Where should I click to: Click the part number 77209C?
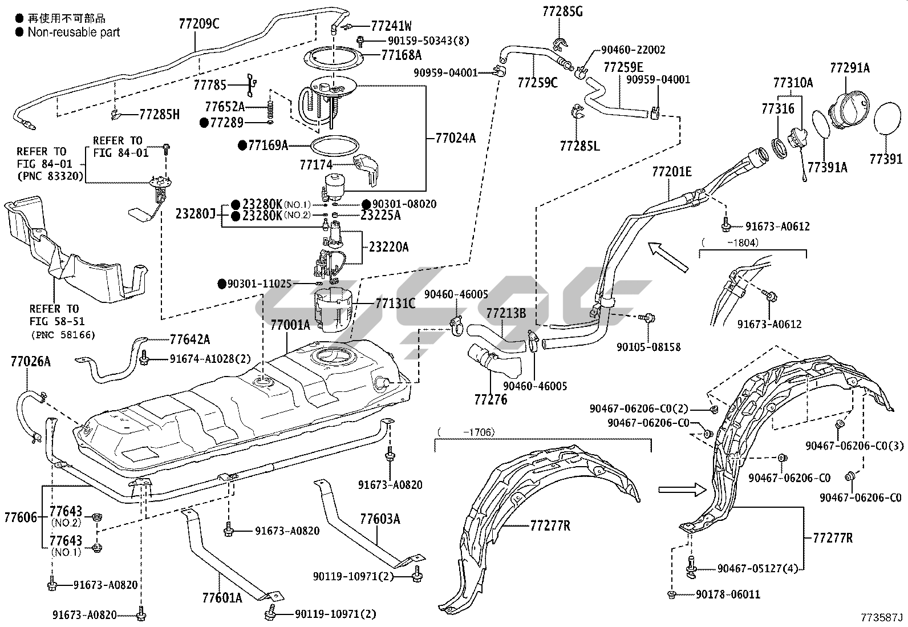(x=199, y=23)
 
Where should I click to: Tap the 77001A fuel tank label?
(x=290, y=325)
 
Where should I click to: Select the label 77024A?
(x=455, y=137)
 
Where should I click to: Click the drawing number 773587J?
(x=882, y=617)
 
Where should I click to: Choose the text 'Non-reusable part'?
(x=74, y=33)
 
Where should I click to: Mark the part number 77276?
(x=491, y=399)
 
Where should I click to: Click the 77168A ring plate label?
(x=402, y=55)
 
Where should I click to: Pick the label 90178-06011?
(x=728, y=594)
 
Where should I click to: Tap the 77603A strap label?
(x=380, y=519)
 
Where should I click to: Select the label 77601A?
(x=222, y=597)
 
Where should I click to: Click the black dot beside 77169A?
(x=242, y=145)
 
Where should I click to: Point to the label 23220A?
(x=388, y=247)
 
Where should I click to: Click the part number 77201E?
(x=672, y=171)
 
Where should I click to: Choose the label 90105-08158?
(x=648, y=347)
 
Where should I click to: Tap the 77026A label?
(x=30, y=361)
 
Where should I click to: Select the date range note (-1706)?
(x=466, y=432)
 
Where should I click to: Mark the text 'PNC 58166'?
(x=63, y=335)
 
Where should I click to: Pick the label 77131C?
(x=395, y=303)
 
